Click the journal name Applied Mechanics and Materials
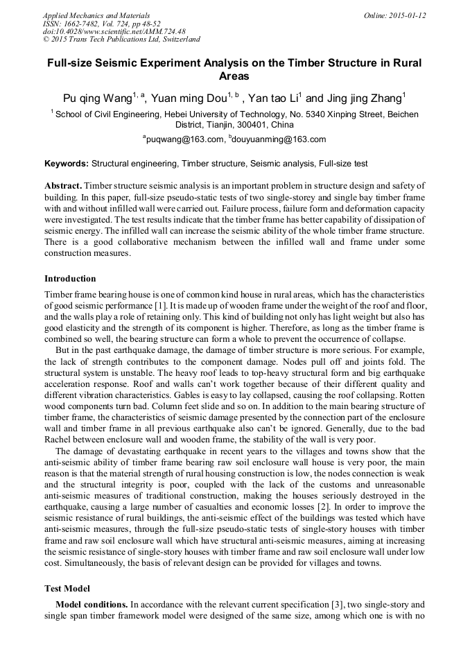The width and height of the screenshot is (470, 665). click(96, 15)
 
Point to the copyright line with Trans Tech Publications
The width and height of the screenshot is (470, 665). click(121, 40)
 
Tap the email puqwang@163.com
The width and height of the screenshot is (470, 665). click(186, 139)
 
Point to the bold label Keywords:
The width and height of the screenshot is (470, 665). click(67, 164)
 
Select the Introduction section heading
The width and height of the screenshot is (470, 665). click(70, 278)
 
